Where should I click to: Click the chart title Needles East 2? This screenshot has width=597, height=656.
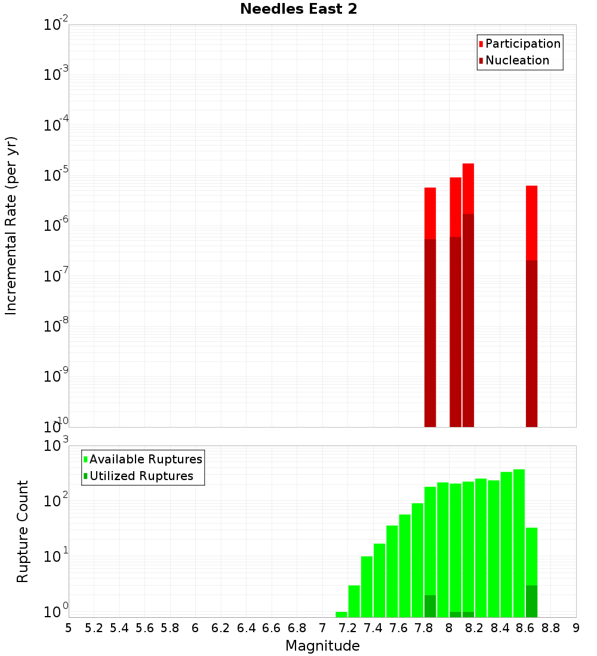pyautogui.click(x=298, y=10)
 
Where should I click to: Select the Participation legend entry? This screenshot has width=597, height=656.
pyautogui.click(x=523, y=44)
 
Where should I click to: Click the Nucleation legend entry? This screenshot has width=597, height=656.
pyautogui.click(x=517, y=60)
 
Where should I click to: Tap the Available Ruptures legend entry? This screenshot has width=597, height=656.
pyautogui.click(x=146, y=459)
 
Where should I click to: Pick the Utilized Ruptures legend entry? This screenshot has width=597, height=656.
pyautogui.click(x=141, y=476)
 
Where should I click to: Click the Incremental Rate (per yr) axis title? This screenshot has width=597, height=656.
pyautogui.click(x=11, y=225)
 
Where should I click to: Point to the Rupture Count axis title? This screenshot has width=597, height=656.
pyautogui.click(x=23, y=531)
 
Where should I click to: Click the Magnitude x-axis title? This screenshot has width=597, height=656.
pyautogui.click(x=322, y=646)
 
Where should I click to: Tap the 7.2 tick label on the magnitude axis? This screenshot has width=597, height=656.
pyautogui.click(x=347, y=628)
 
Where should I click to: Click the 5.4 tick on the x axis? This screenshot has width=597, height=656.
pyautogui.click(x=119, y=628)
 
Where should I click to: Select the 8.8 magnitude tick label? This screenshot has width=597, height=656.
pyautogui.click(x=550, y=628)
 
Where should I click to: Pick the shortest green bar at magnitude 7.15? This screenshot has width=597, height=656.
pyautogui.click(x=341, y=614)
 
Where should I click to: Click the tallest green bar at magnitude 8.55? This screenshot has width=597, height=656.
pyautogui.click(x=519, y=537)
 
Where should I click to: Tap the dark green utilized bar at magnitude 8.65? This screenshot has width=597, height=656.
pyautogui.click(x=531, y=601)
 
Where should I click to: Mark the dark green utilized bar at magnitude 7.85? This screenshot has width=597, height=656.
pyautogui.click(x=430, y=606)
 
